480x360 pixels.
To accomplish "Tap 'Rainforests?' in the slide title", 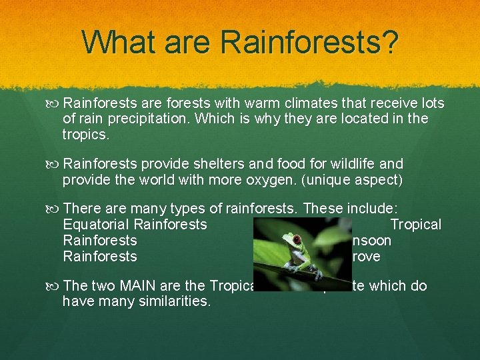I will coord(309,42).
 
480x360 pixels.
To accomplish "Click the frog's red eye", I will coord(295,239).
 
